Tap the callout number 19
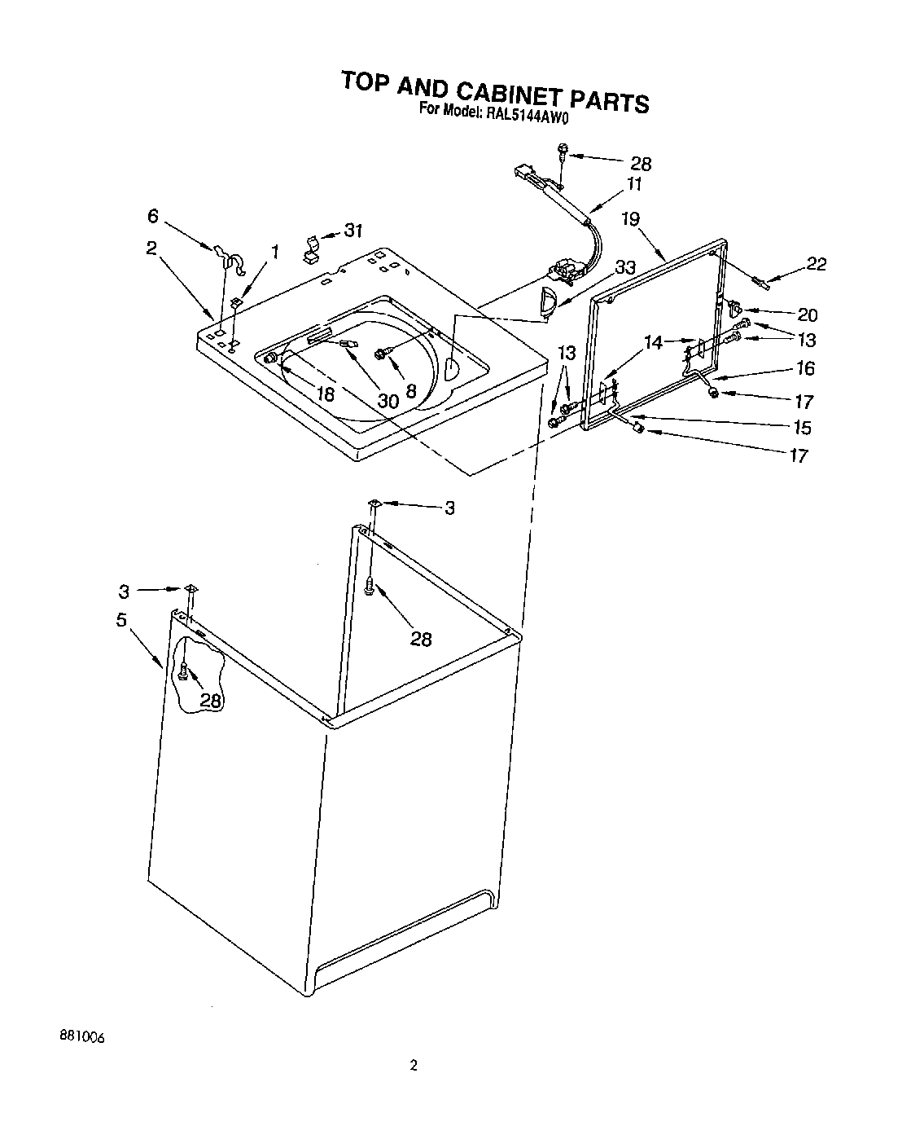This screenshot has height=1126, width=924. tap(630, 218)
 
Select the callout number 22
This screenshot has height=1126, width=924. tap(816, 264)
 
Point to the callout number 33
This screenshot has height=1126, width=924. tap(624, 266)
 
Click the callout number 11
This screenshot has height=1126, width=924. tap(633, 184)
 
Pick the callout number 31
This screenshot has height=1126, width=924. tap(353, 231)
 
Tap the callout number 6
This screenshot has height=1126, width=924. tap(152, 216)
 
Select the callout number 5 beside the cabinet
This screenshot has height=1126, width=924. tap(121, 620)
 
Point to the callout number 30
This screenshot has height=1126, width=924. tap(388, 400)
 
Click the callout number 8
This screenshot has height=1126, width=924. tap(411, 391)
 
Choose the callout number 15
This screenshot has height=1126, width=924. tap(802, 427)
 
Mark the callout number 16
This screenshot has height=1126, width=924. tap(805, 368)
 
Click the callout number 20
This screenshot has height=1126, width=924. tap(808, 314)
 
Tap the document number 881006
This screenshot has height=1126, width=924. tap(82, 1037)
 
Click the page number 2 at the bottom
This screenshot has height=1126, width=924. tap(414, 1065)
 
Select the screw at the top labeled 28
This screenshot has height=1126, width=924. tap(562, 151)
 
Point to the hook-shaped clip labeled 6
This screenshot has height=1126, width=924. tap(227, 258)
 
